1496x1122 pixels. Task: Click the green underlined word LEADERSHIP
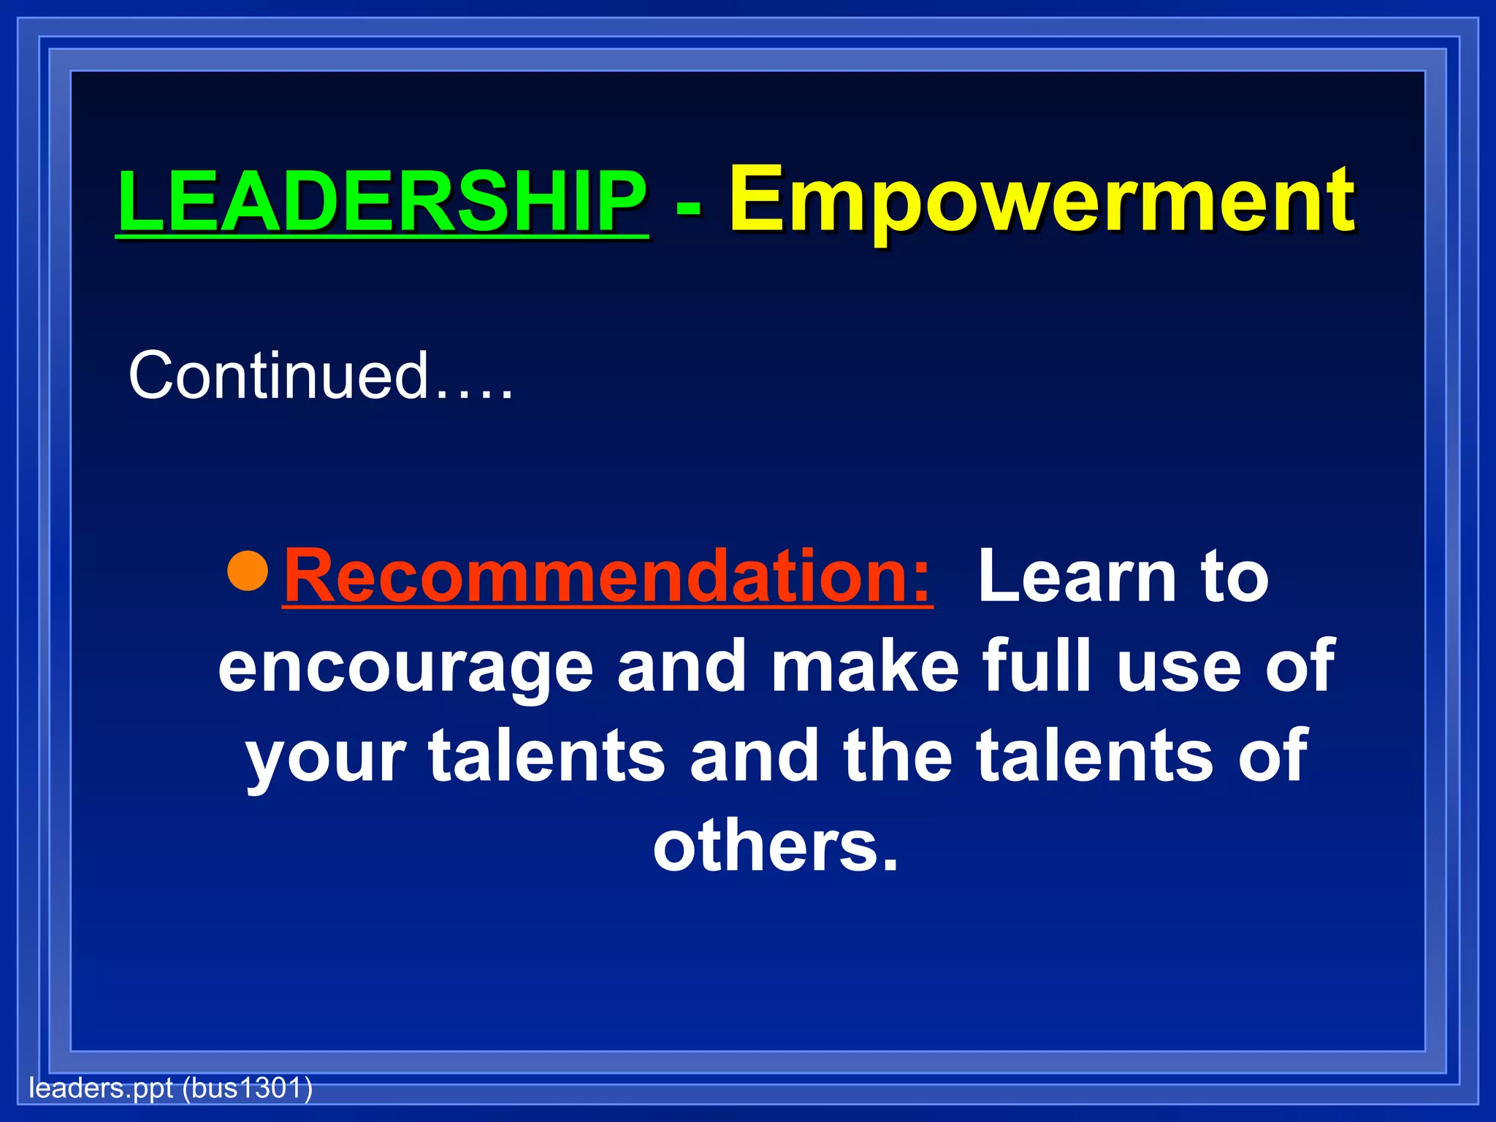(382, 201)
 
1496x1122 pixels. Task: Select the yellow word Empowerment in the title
(1042, 201)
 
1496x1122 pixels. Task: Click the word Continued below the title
(278, 375)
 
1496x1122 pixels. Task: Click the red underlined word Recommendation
(606, 577)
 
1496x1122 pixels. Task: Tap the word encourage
(405, 668)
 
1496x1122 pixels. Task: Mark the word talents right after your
(546, 756)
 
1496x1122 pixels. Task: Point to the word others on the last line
(774, 847)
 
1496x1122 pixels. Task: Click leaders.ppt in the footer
(101, 1088)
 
